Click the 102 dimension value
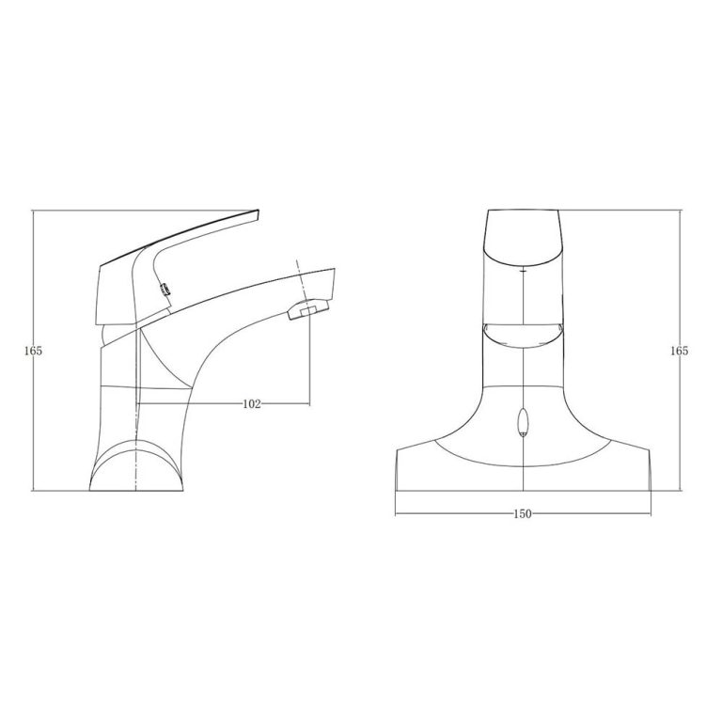tap(251, 403)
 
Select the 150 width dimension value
tap(523, 513)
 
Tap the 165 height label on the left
tap(34, 351)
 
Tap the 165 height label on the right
tap(680, 351)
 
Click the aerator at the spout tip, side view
tap(306, 311)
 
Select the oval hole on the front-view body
tap(523, 424)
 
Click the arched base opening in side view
tap(135, 465)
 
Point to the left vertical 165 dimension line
tap(34, 282)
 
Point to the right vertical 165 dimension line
tap(680, 282)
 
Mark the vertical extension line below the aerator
tap(309, 367)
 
